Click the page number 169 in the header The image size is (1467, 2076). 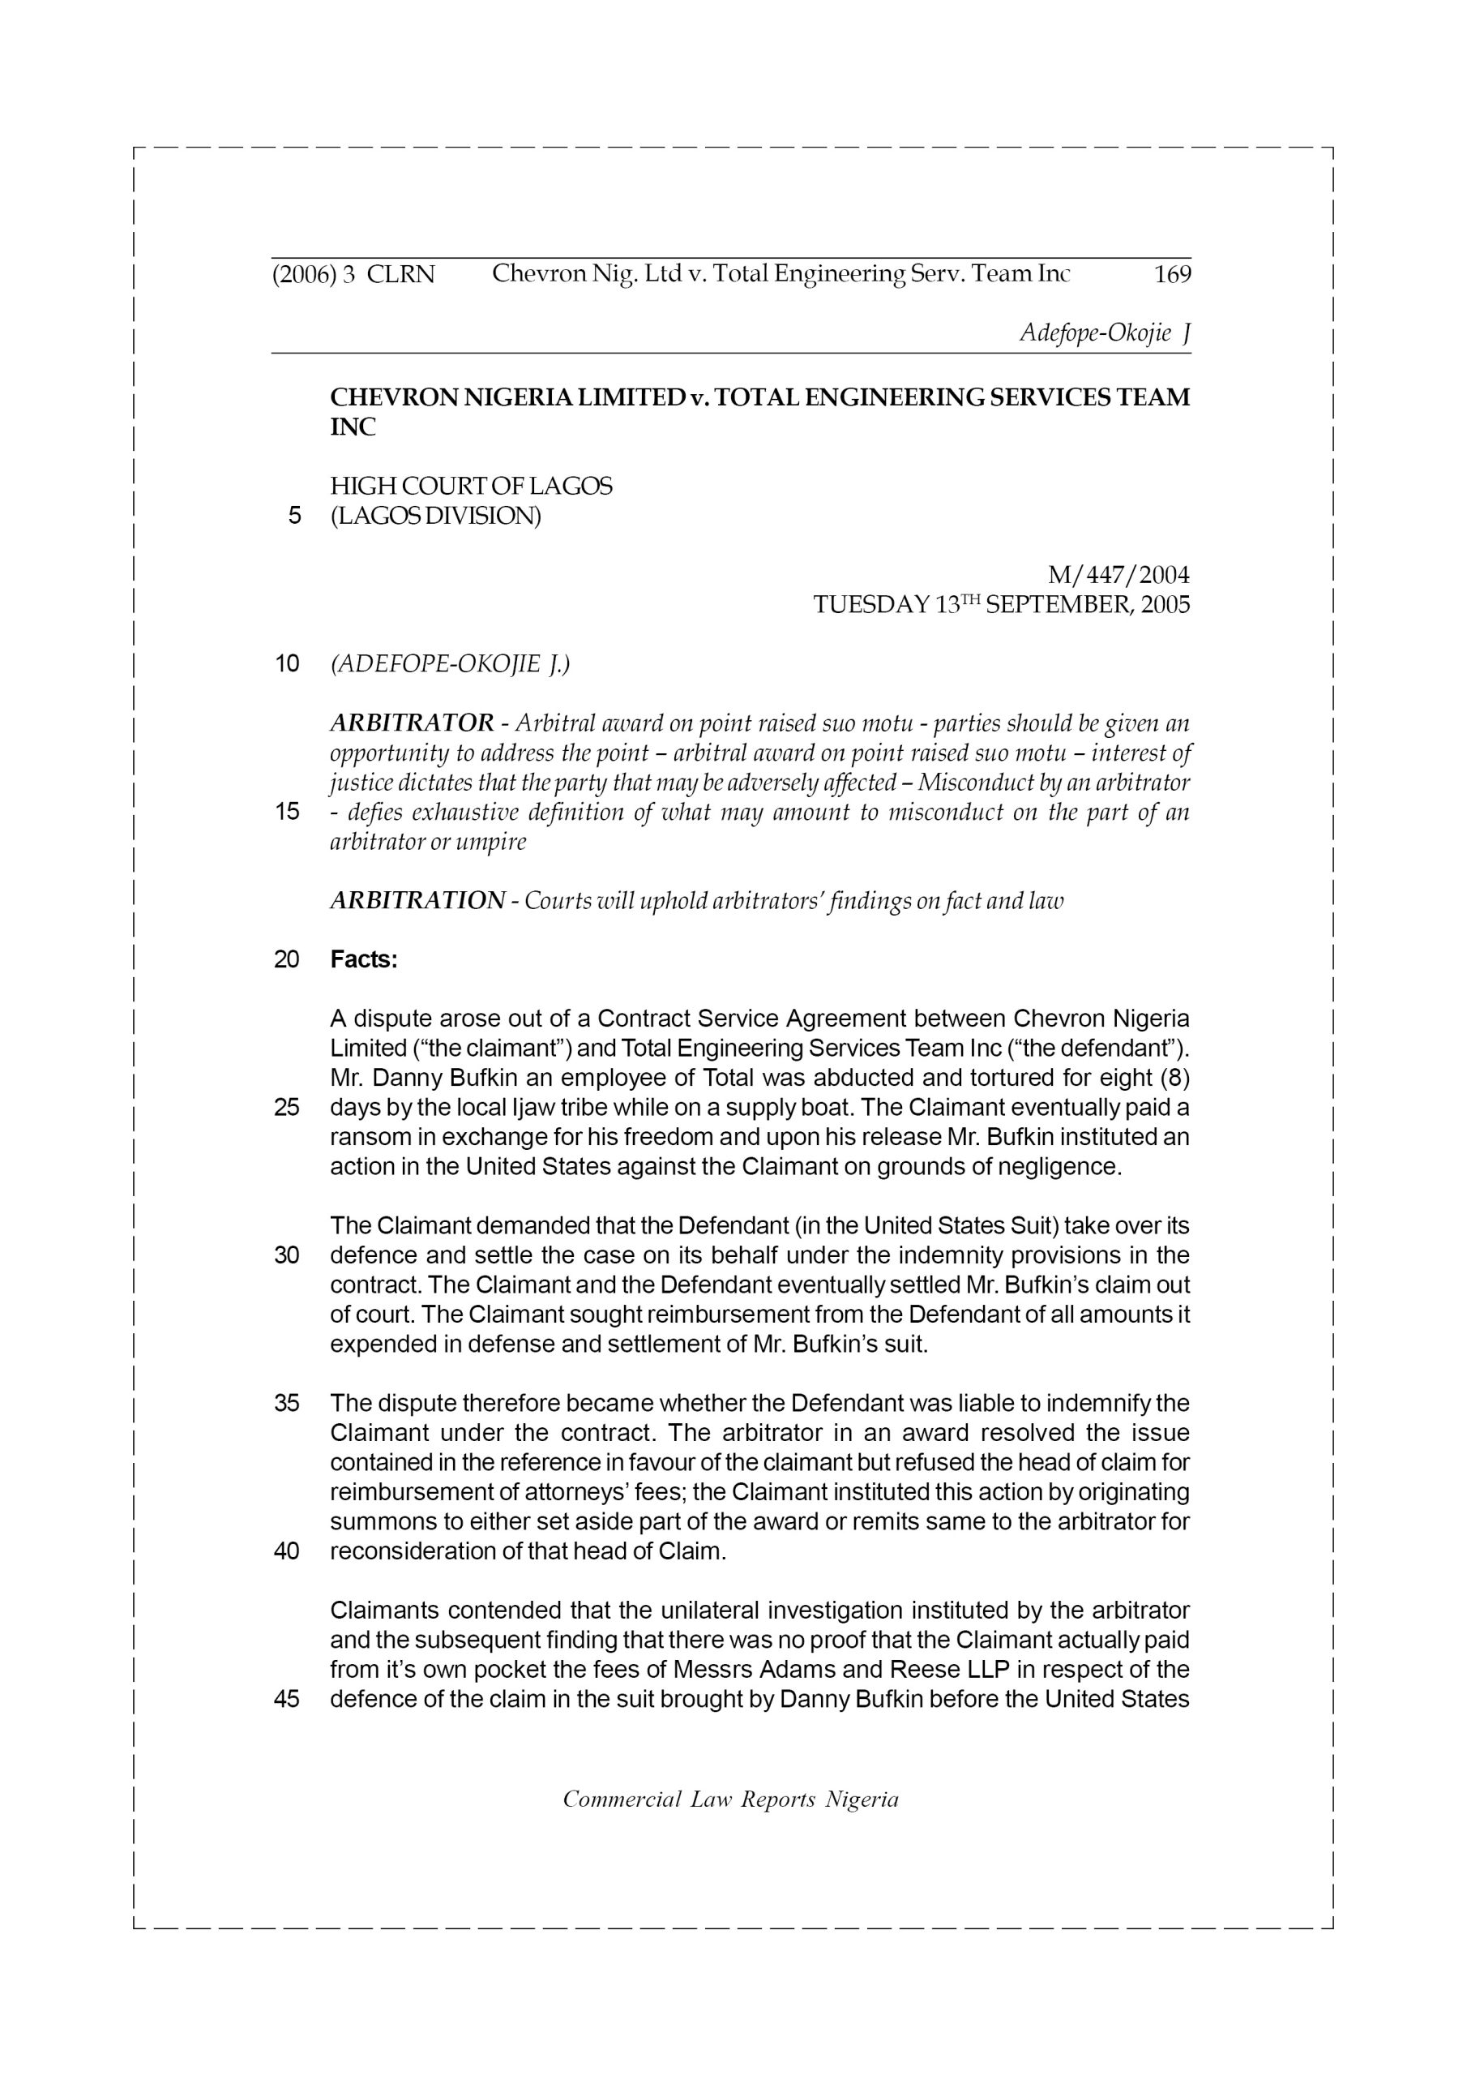tap(1172, 275)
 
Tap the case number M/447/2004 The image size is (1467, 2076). tap(1118, 575)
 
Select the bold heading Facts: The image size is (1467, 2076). tap(363, 959)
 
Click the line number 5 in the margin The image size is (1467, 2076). tap(293, 517)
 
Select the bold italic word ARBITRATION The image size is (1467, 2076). tap(417, 901)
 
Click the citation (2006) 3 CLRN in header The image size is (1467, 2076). tap(353, 275)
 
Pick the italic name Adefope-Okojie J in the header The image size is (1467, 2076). tap(1105, 333)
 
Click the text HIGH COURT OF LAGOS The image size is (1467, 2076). tap(471, 487)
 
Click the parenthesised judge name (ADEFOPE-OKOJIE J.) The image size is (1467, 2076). tap(450, 665)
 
